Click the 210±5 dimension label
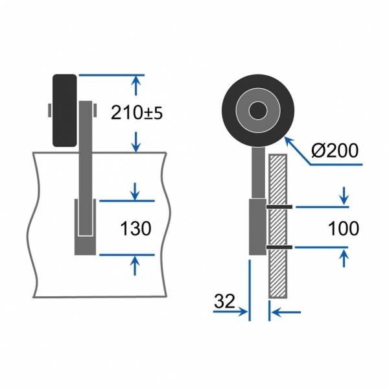tap(137, 113)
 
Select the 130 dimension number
tap(136, 228)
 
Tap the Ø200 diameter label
tap(335, 150)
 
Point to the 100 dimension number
tap(344, 228)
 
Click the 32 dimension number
tap(224, 301)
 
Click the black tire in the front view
tap(64, 110)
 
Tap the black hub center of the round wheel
tap(258, 110)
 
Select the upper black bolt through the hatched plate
tap(279, 207)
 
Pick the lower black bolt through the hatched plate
tap(279, 247)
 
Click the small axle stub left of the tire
tap(50, 110)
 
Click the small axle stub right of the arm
tap(95, 110)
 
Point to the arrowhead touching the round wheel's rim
tap(288, 140)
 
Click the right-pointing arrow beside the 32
tap(230, 311)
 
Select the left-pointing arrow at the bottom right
tap(286, 312)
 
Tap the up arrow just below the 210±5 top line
tap(136, 86)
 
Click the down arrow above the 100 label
tap(344, 196)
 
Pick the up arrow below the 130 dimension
tap(135, 266)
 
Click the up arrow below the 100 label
tap(344, 258)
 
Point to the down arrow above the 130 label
tap(135, 191)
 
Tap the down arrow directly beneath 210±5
tap(136, 142)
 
